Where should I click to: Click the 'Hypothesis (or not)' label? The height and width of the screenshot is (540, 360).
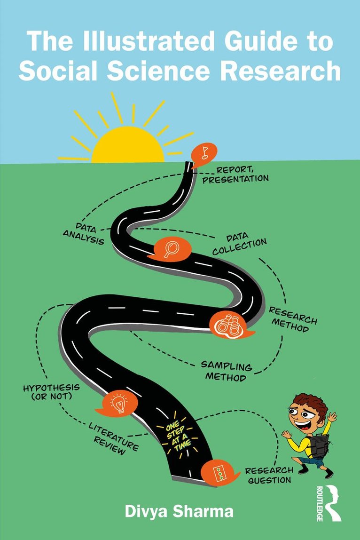tap(51, 392)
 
